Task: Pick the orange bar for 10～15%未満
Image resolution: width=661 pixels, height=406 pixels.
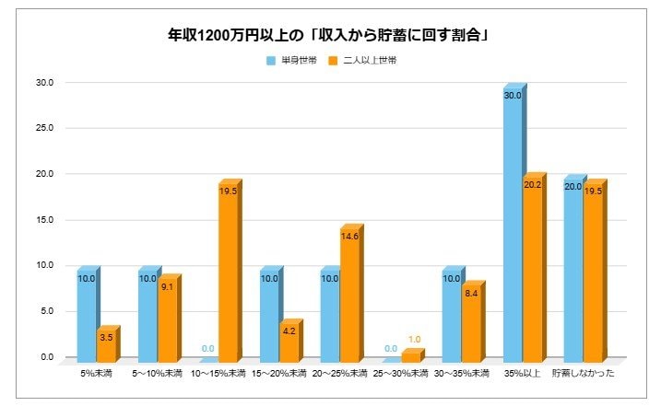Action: [227, 271]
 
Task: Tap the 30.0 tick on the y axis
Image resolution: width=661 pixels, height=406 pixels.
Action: [45, 83]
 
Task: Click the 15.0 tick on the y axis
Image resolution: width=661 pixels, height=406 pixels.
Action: [45, 220]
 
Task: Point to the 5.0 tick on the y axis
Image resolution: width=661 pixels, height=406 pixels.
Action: [45, 311]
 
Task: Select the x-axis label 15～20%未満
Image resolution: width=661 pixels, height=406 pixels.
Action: [278, 374]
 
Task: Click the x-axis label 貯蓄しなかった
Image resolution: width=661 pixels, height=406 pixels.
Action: [583, 374]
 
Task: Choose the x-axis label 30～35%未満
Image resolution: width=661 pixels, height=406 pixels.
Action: [461, 374]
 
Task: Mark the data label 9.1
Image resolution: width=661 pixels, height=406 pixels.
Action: [167, 287]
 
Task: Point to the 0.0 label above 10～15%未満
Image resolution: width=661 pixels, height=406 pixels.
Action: [208, 349]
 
